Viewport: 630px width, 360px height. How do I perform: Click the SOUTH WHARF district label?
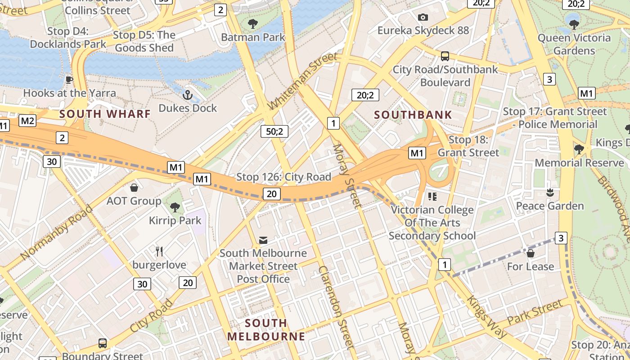click(105, 114)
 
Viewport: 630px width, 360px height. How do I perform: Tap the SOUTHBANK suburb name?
click(413, 115)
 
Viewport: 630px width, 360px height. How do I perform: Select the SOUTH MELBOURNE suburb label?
click(266, 329)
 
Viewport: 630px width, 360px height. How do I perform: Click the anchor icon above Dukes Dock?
click(187, 95)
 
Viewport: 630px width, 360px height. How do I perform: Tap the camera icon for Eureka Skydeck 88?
click(423, 17)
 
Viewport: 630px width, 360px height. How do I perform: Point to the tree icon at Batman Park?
click(253, 23)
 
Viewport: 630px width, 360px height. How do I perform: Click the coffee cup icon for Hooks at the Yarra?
click(69, 80)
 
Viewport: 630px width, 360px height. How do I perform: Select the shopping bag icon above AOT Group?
click(134, 187)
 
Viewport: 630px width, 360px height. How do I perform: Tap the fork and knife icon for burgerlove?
click(159, 251)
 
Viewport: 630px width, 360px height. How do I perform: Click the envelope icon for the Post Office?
click(263, 240)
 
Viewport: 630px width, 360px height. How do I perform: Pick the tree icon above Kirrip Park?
click(175, 207)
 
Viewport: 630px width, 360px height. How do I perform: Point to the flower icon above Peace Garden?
click(549, 193)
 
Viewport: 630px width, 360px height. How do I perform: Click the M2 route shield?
click(27, 121)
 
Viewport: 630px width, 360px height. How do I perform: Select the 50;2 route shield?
click(274, 131)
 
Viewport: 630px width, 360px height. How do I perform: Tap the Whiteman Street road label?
click(302, 81)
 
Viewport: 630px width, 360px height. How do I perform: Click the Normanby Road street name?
click(56, 233)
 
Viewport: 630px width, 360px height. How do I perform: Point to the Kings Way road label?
click(486, 316)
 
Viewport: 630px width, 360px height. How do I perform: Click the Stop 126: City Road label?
click(283, 177)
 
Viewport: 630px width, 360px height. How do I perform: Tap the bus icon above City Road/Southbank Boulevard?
click(445, 56)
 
